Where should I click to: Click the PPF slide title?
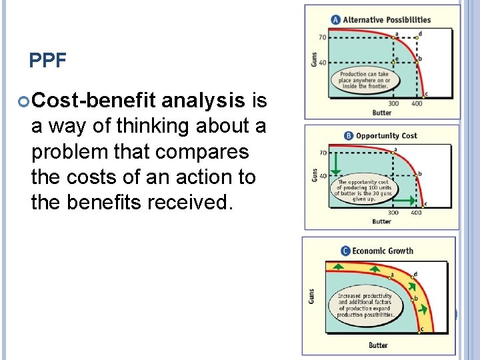pos(48,61)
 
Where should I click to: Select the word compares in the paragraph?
pos(199,151)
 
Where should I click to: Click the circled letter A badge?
pos(336,20)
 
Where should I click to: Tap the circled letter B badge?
pos(349,136)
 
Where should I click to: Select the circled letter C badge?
pos(345,251)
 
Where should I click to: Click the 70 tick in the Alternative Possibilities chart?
pos(322,37)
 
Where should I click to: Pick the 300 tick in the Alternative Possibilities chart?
pos(393,104)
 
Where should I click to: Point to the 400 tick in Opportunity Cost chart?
pos(416,213)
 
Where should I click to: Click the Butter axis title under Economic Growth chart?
pos(378,345)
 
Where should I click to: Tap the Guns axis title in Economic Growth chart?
pos(311,295)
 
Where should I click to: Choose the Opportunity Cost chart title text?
pos(387,136)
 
